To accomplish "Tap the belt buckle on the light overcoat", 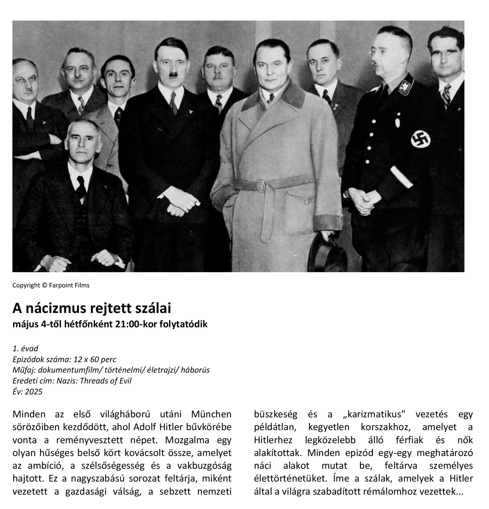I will (x=261, y=186).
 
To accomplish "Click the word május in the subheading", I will (x=25, y=324).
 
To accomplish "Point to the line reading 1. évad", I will (x=25, y=348).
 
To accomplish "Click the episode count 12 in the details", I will (x=78, y=359).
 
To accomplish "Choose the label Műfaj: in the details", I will (x=24, y=370).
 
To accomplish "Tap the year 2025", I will (x=33, y=391).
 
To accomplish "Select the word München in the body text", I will (x=211, y=414).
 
